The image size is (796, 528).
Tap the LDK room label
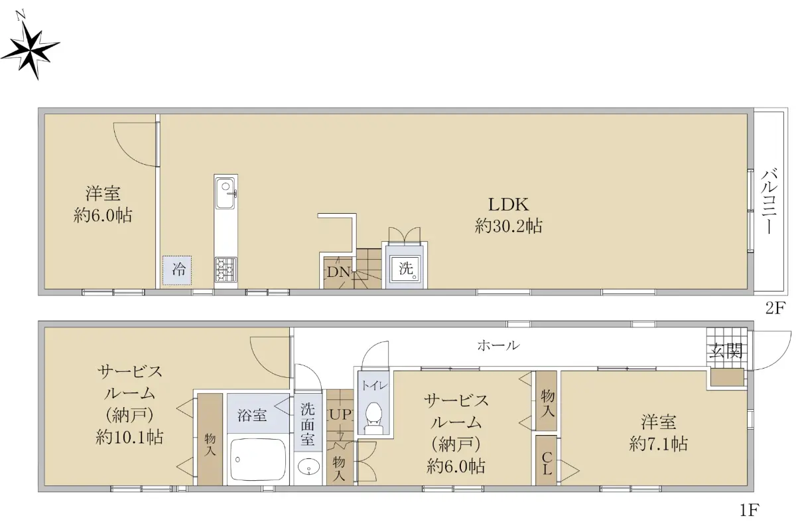pyautogui.click(x=509, y=205)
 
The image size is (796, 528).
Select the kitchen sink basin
pyautogui.click(x=226, y=196)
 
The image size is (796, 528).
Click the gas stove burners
pyautogui.click(x=226, y=270)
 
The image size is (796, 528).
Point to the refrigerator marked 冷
pyautogui.click(x=177, y=270)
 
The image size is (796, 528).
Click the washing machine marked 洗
pyautogui.click(x=405, y=268)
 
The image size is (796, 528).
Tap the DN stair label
pyautogui.click(x=339, y=272)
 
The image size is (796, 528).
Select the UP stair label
pyautogui.click(x=340, y=415)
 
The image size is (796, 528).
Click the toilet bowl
pyautogui.click(x=373, y=417)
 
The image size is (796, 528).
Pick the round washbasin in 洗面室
pyautogui.click(x=308, y=467)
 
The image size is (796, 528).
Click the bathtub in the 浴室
pyautogui.click(x=258, y=460)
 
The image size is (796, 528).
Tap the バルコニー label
pyautogui.click(x=769, y=201)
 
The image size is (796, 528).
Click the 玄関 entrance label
pyautogui.click(x=727, y=351)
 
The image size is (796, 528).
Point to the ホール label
pyautogui.click(x=499, y=345)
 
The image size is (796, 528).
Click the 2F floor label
pyautogui.click(x=775, y=308)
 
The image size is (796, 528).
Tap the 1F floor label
pyautogui.click(x=750, y=510)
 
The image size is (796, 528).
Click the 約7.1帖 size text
pyautogui.click(x=659, y=444)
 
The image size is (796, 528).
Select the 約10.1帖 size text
pyautogui.click(x=129, y=437)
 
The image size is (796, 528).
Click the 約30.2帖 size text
pyautogui.click(x=509, y=226)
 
